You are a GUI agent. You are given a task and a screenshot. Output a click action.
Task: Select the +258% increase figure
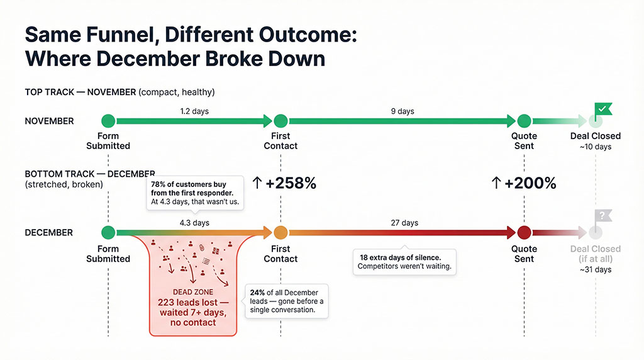[284, 183]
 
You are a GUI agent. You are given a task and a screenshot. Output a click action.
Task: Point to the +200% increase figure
[524, 183]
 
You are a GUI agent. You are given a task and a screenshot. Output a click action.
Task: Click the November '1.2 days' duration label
[194, 111]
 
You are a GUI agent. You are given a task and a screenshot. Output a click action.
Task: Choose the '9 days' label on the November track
[402, 111]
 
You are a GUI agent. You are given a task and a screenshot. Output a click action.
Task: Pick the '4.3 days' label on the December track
[194, 223]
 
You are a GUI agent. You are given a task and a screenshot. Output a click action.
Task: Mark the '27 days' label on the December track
[404, 223]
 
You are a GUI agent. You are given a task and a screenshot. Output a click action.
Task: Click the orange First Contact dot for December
[280, 232]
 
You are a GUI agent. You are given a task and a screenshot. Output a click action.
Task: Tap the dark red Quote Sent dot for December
[525, 232]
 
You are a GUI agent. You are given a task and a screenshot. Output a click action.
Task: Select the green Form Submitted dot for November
[108, 121]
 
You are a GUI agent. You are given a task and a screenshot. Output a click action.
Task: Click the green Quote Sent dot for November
[525, 121]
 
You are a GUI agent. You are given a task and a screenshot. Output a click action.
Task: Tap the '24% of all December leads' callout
[287, 301]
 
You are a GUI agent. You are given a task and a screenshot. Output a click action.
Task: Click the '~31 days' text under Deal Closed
[596, 269]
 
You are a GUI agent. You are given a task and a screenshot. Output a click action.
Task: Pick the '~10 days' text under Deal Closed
[596, 147]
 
